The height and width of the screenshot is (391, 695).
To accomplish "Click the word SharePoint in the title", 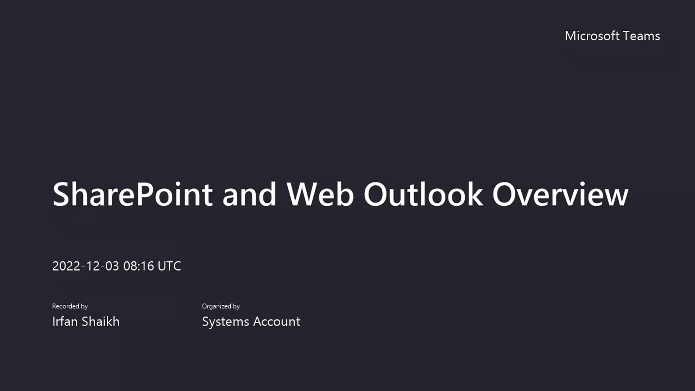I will pyautogui.click(x=132, y=194).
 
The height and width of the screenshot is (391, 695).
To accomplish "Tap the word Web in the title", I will pyautogui.click(x=320, y=194).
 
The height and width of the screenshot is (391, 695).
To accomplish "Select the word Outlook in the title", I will pyautogui.click(x=423, y=194).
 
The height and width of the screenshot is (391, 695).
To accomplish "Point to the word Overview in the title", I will pyautogui.click(x=560, y=194).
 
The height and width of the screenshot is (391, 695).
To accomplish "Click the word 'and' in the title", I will pyautogui.click(x=249, y=194).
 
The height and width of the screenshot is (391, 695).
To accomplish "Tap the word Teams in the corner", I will pyautogui.click(x=641, y=36).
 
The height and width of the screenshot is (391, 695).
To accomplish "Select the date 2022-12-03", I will pyautogui.click(x=85, y=266).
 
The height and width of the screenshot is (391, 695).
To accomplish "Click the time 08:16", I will pyautogui.click(x=139, y=266).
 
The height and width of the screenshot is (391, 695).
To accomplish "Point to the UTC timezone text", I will pyautogui.click(x=169, y=266).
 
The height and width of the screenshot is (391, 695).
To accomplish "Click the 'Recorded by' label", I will pyautogui.click(x=70, y=306).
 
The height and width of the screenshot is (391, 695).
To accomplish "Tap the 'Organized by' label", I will pyautogui.click(x=221, y=306).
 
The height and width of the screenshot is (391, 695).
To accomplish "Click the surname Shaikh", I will pyautogui.click(x=101, y=321).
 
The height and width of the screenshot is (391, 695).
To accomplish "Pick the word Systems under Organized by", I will pyautogui.click(x=226, y=321).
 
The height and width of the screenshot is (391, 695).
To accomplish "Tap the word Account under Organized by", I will pyautogui.click(x=277, y=321).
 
